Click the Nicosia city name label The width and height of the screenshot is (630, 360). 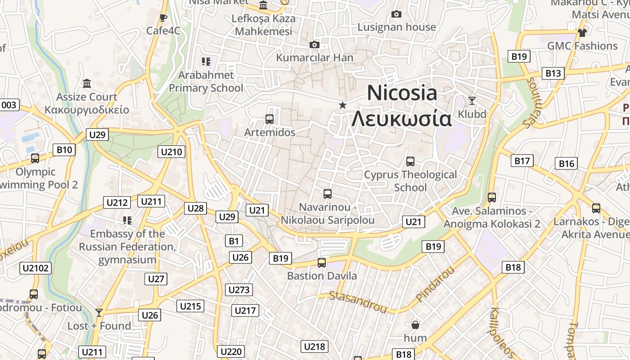click(402, 93)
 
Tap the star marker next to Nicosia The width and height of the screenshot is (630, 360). click(342, 105)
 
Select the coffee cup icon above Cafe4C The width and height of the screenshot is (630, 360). click(163, 18)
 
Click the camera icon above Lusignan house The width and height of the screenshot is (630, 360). click(396, 14)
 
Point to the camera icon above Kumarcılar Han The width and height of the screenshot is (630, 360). click(315, 45)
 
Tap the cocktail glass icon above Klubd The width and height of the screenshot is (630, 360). click(472, 100)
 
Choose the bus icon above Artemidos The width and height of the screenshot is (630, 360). click(270, 119)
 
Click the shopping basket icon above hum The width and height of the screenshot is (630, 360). click(415, 324)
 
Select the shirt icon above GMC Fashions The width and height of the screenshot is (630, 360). click(582, 32)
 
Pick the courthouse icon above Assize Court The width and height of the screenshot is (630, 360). click(87, 84)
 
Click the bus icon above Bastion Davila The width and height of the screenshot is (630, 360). click(322, 263)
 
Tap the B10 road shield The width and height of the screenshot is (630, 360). click(64, 150)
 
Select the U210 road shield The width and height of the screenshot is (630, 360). click(171, 152)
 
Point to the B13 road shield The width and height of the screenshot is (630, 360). click(553, 73)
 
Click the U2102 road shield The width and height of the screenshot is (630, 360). click(36, 269)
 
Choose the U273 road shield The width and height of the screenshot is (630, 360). click(239, 290)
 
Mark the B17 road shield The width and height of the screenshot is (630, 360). click(522, 161)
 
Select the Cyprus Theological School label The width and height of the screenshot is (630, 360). click(410, 181)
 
